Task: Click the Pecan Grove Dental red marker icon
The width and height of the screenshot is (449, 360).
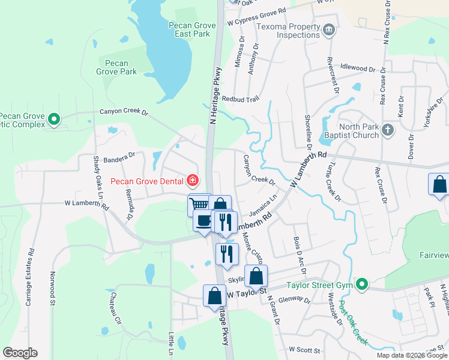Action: click(193, 180)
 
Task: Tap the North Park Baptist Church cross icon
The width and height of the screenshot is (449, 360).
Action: click(388, 129)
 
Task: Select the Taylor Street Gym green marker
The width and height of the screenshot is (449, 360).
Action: click(361, 284)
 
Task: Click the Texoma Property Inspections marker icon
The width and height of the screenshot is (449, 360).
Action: click(328, 30)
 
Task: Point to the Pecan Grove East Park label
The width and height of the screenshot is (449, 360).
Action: click(190, 30)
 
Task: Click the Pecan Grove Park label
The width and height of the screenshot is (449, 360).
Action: click(116, 67)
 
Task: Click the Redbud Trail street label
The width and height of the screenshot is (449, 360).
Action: click(240, 99)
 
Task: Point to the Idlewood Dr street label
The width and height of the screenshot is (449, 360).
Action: click(357, 68)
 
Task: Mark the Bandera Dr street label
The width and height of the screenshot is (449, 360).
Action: click(119, 159)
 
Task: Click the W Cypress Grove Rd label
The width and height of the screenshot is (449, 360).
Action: click(256, 13)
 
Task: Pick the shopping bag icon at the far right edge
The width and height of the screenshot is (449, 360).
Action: click(439, 185)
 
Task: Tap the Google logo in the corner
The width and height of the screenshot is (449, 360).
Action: click(20, 353)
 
